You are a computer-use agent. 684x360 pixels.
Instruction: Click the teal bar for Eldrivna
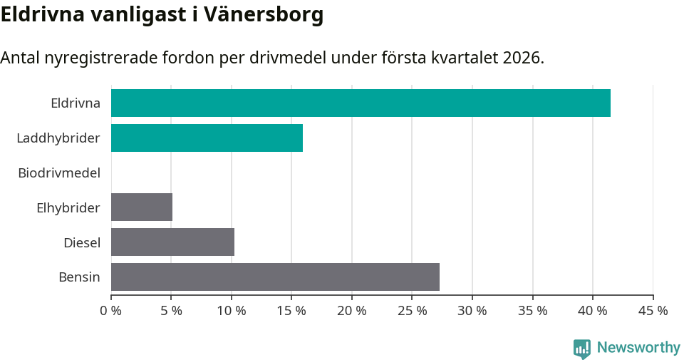click(x=361, y=103)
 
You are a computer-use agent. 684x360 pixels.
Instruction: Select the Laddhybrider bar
click(x=207, y=138)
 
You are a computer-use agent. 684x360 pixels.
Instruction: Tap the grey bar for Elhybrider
click(x=142, y=207)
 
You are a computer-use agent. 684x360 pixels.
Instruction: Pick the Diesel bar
click(x=172, y=242)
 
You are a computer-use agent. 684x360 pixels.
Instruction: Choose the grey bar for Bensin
click(x=275, y=277)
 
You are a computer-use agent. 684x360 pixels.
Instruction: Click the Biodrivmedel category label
click(x=59, y=173)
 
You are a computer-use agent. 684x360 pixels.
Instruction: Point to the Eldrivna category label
click(x=75, y=103)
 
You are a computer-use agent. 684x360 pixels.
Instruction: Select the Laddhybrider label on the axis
click(x=58, y=138)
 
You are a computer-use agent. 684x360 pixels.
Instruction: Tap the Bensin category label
click(x=79, y=277)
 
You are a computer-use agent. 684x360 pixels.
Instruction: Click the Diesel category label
click(x=82, y=242)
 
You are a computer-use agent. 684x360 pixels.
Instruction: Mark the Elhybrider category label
click(x=68, y=207)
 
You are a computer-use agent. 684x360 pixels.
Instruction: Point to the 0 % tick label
click(x=111, y=311)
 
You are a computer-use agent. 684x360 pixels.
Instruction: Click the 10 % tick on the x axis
click(x=232, y=311)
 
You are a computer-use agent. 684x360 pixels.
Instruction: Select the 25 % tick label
click(x=413, y=311)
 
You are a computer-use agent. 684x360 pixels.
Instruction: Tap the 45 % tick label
click(x=653, y=311)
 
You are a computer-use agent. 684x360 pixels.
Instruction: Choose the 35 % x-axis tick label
click(x=533, y=311)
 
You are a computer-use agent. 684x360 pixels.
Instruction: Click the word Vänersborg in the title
click(x=264, y=14)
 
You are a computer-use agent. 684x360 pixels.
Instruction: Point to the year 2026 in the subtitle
click(x=521, y=58)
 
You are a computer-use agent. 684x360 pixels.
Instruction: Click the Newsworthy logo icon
click(x=582, y=348)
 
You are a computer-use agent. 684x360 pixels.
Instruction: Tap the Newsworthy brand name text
click(x=638, y=348)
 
